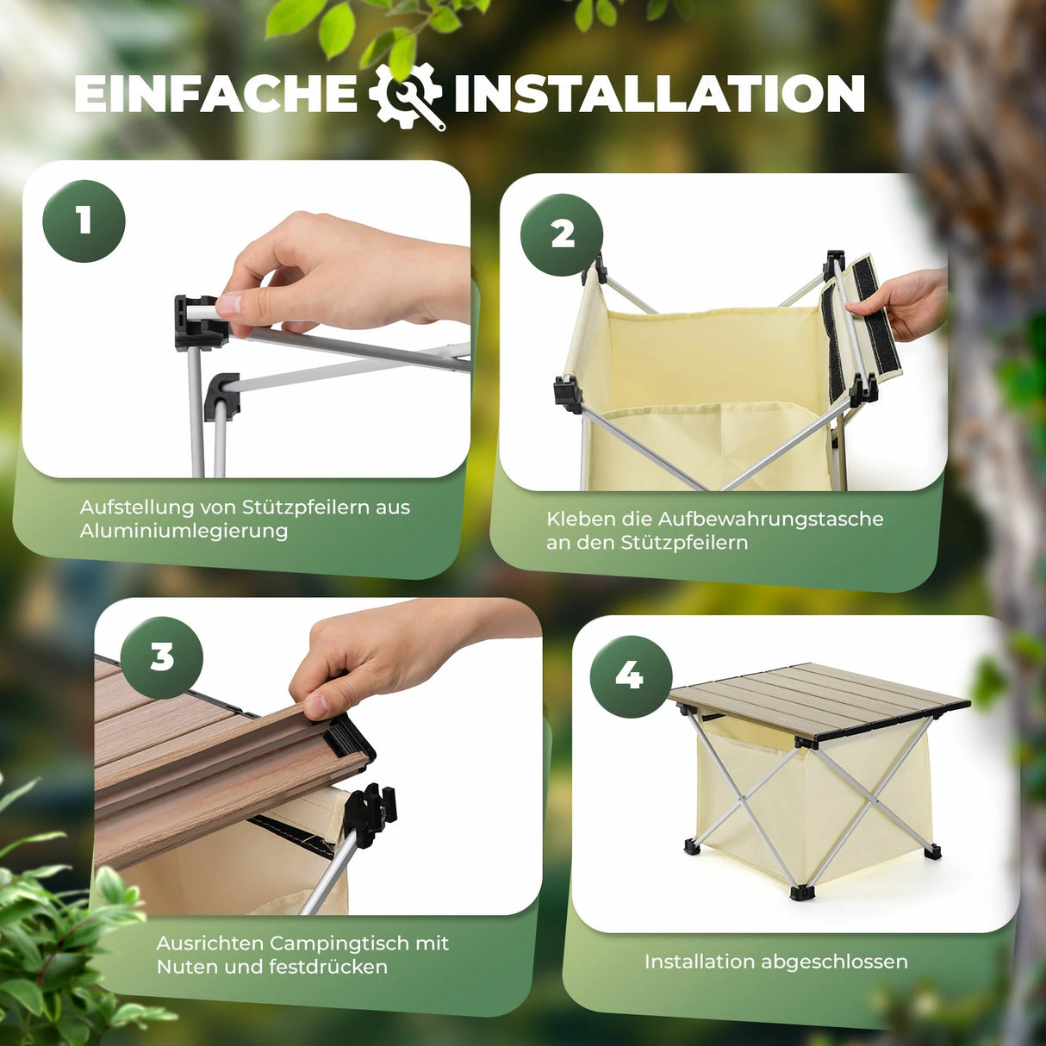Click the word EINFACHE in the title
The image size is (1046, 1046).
[215, 93]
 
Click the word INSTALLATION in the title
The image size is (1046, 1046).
[659, 93]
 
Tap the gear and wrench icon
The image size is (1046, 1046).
[406, 95]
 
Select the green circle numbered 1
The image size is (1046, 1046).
[84, 221]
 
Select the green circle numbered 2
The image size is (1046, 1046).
[562, 234]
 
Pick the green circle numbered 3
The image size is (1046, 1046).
[161, 657]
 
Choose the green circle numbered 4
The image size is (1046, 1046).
[630, 676]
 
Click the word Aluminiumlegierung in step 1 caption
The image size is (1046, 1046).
[184, 531]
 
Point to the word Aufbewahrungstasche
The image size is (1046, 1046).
[770, 519]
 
